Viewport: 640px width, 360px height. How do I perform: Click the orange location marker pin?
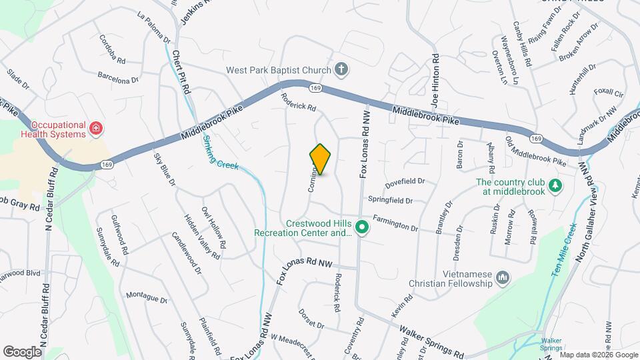click(321, 159)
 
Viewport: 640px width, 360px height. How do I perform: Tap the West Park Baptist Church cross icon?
click(341, 69)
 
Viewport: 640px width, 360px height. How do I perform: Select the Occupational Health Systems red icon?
click(96, 127)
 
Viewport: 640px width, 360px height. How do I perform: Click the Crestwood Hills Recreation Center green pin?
click(362, 228)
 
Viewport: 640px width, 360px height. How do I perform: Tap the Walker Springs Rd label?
click(431, 340)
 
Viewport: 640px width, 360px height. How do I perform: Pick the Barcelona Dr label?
click(117, 77)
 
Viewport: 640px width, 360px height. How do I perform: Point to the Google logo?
click(23, 351)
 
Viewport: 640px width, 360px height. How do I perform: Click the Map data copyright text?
click(599, 355)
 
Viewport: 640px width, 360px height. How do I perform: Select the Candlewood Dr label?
click(187, 253)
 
